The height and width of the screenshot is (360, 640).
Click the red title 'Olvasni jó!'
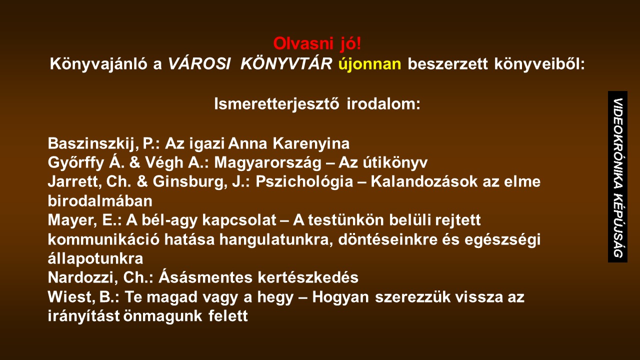(317, 44)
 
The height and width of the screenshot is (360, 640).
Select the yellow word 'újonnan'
(369, 63)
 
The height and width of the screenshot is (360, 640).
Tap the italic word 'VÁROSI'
(199, 63)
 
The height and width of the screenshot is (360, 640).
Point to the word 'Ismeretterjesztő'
(277, 103)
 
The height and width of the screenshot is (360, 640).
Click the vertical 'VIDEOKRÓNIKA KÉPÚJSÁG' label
(617, 176)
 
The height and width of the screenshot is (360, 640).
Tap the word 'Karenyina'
(311, 143)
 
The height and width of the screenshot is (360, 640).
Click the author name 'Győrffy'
(76, 162)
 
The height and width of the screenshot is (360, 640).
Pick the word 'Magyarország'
(268, 163)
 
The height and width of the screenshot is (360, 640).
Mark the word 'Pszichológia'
(304, 181)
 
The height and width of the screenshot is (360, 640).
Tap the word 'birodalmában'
(100, 201)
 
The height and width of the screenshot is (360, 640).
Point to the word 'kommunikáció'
(103, 239)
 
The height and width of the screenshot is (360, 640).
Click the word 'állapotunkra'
(95, 258)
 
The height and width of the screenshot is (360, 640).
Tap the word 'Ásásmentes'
(205, 277)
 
